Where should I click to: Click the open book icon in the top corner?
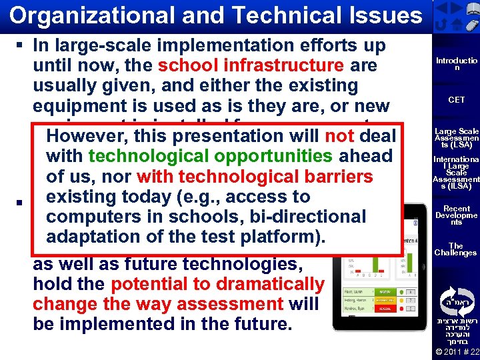click(x=470, y=9)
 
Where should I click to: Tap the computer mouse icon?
click(x=470, y=25)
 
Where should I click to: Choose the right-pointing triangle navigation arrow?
click(x=456, y=9)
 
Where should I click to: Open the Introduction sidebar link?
click(x=456, y=64)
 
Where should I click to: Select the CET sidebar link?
click(x=456, y=100)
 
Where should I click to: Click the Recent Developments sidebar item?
click(x=456, y=215)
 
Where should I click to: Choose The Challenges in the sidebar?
click(x=456, y=249)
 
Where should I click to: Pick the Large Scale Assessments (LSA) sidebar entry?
click(x=456, y=137)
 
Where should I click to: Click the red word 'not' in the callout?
click(x=339, y=135)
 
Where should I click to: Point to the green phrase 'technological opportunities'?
click(x=210, y=156)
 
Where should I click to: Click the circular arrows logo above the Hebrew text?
click(x=456, y=297)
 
